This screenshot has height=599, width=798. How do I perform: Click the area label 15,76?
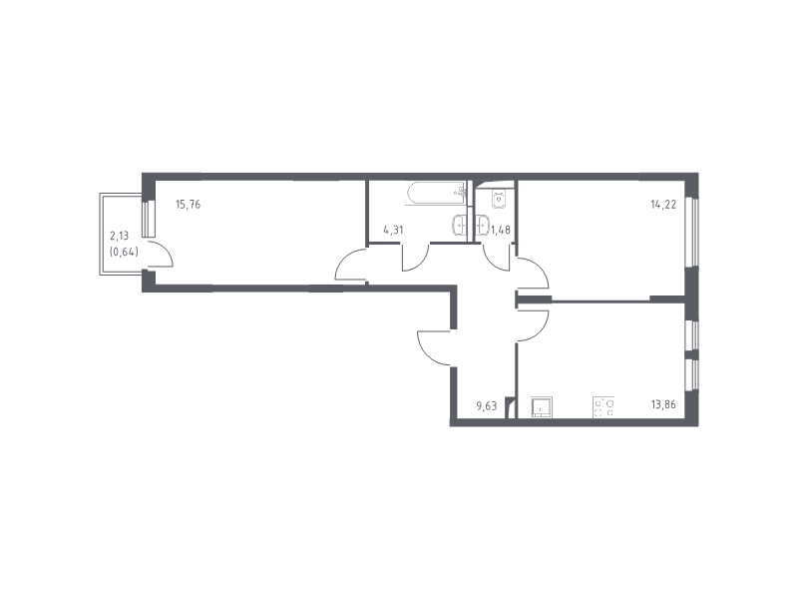click(188, 205)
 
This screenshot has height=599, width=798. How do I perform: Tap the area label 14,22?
click(663, 205)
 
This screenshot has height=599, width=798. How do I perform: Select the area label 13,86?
click(663, 405)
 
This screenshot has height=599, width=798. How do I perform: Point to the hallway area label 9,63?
click(486, 406)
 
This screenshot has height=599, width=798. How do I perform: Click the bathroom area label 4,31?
click(393, 230)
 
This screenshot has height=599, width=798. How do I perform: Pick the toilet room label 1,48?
click(501, 230)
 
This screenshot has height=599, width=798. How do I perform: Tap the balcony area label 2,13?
click(119, 236)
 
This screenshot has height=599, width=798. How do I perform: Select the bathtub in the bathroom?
click(436, 194)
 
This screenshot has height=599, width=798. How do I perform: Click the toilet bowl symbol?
click(498, 199)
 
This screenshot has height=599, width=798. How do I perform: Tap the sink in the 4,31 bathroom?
click(460, 226)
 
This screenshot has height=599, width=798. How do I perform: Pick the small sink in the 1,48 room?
click(483, 226)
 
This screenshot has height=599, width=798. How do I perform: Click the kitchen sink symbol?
click(542, 407)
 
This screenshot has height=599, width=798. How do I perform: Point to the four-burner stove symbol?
click(603, 407)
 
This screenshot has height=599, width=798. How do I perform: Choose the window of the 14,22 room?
click(691, 232)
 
